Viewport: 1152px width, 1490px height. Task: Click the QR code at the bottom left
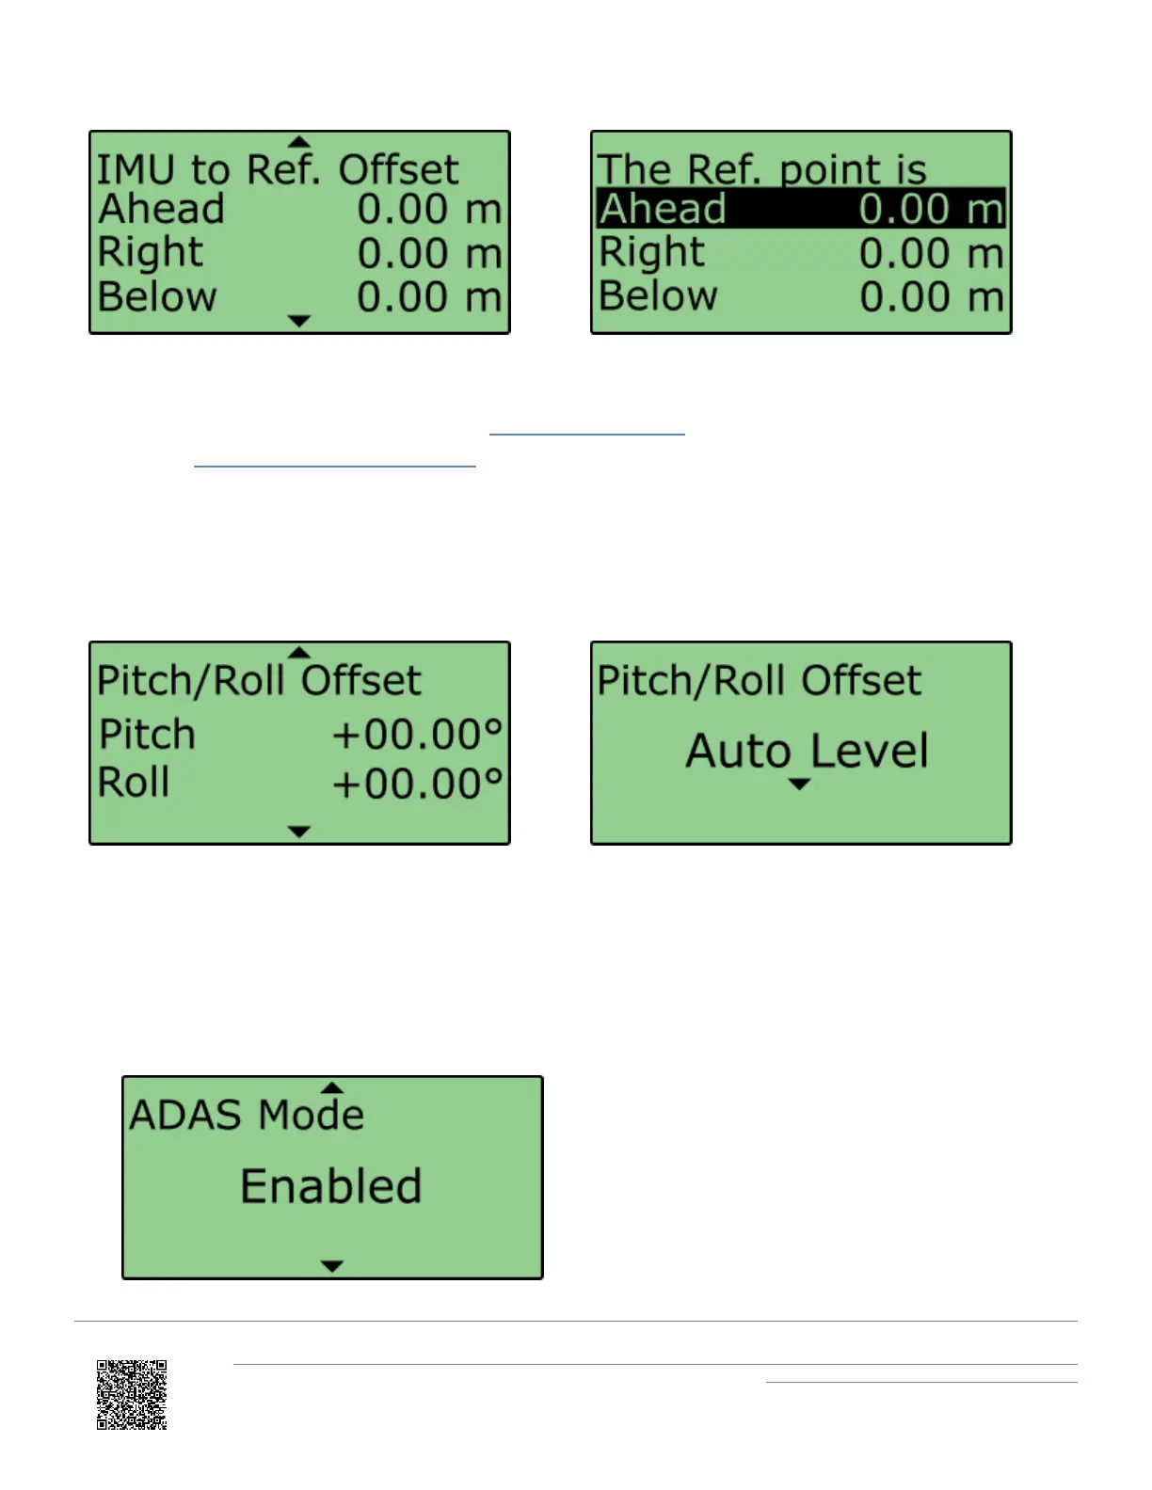coord(132,1394)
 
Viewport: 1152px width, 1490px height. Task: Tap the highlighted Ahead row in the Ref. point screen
coord(801,209)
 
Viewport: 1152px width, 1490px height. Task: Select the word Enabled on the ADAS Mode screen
coord(330,1185)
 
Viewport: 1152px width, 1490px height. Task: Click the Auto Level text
coord(807,751)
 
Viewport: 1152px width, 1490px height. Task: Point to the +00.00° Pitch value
coord(418,734)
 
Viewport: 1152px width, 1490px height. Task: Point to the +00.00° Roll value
coord(418,783)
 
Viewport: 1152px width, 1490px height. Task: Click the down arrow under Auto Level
coord(799,785)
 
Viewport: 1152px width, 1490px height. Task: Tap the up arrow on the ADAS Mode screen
coord(332,1087)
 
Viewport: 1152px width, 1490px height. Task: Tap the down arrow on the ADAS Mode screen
coord(332,1266)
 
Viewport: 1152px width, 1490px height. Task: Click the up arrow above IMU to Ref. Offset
coord(299,142)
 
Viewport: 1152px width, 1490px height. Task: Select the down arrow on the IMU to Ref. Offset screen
coord(299,321)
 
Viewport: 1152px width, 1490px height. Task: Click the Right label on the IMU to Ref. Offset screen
coord(151,252)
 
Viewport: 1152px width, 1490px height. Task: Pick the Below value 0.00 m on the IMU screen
coord(429,297)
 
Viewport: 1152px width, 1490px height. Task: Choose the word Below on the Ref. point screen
coord(658,296)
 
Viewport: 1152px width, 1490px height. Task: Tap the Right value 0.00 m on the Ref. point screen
coord(931,253)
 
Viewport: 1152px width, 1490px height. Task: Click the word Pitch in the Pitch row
coord(148,734)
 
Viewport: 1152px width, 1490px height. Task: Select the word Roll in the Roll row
coord(134,783)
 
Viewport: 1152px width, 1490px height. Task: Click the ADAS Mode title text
coord(247,1115)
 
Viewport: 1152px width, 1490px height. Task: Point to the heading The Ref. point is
coord(761,170)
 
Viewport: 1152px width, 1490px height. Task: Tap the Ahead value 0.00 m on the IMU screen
coord(429,209)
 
